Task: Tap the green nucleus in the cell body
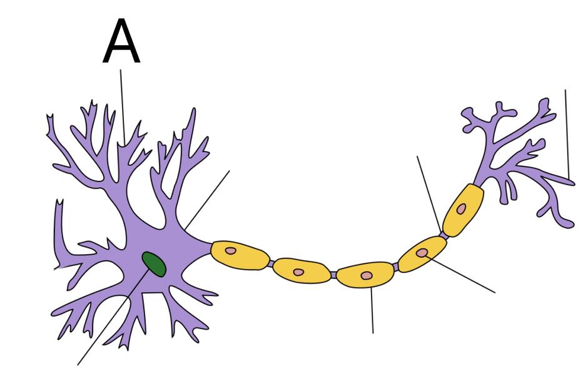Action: [x=154, y=264]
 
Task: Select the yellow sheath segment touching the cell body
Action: [x=240, y=255]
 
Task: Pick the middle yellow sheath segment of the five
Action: [x=366, y=275]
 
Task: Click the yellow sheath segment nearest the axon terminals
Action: [x=463, y=210]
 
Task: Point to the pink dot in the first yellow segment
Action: [x=230, y=251]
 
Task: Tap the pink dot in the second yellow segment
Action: [x=298, y=272]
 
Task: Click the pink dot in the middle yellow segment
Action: [x=366, y=276]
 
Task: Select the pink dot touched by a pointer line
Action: [x=422, y=253]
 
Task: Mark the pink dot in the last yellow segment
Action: [x=461, y=208]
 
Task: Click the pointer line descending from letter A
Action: [x=123, y=107]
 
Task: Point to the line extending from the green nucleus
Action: [x=112, y=318]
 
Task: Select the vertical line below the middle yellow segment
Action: [x=372, y=310]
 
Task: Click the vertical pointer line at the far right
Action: [x=567, y=134]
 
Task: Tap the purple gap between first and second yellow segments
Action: [x=271, y=263]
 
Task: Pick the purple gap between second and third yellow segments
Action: [x=333, y=275]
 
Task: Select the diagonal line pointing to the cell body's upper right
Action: [x=207, y=200]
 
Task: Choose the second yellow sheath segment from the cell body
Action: [x=302, y=270]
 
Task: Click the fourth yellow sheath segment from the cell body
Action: [x=422, y=254]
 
